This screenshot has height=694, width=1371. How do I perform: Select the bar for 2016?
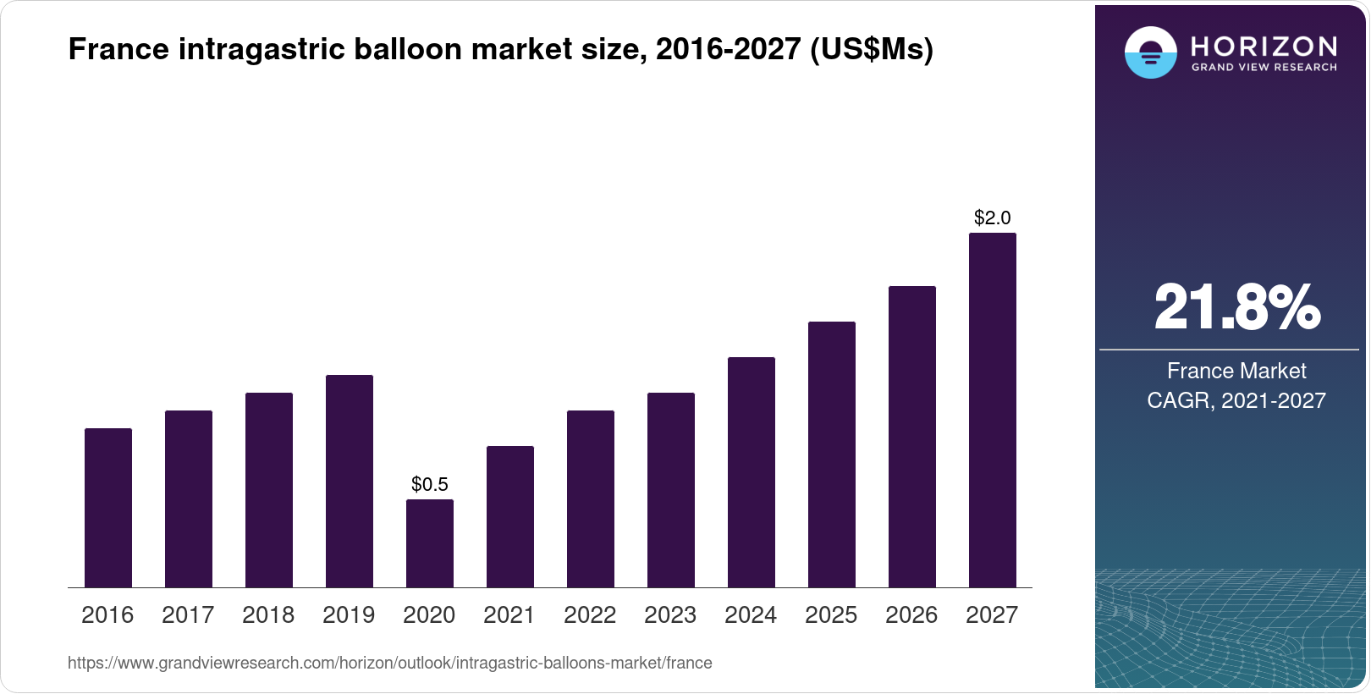108,508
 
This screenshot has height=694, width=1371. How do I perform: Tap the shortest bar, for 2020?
430,543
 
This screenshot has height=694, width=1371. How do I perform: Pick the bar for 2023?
671,490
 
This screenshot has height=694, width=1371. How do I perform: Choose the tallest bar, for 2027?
993,410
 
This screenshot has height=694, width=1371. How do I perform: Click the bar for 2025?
832,454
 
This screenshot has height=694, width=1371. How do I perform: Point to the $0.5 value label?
430,484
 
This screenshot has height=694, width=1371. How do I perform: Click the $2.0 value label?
993,218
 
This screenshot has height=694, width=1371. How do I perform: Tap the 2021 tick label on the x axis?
509,615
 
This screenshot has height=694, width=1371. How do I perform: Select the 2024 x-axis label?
751,615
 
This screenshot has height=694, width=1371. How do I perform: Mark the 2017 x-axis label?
188,615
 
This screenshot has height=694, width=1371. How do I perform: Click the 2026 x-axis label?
911,615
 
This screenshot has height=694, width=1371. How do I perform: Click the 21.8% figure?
1236,307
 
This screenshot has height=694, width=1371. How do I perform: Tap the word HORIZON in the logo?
1264,46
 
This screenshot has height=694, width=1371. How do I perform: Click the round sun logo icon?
1150,52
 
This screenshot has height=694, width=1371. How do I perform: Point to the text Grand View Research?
1264,67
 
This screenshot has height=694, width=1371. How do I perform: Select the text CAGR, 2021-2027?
1236,400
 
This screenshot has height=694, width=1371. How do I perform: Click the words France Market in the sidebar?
1236,371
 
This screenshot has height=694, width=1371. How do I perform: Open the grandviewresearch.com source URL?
390,663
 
